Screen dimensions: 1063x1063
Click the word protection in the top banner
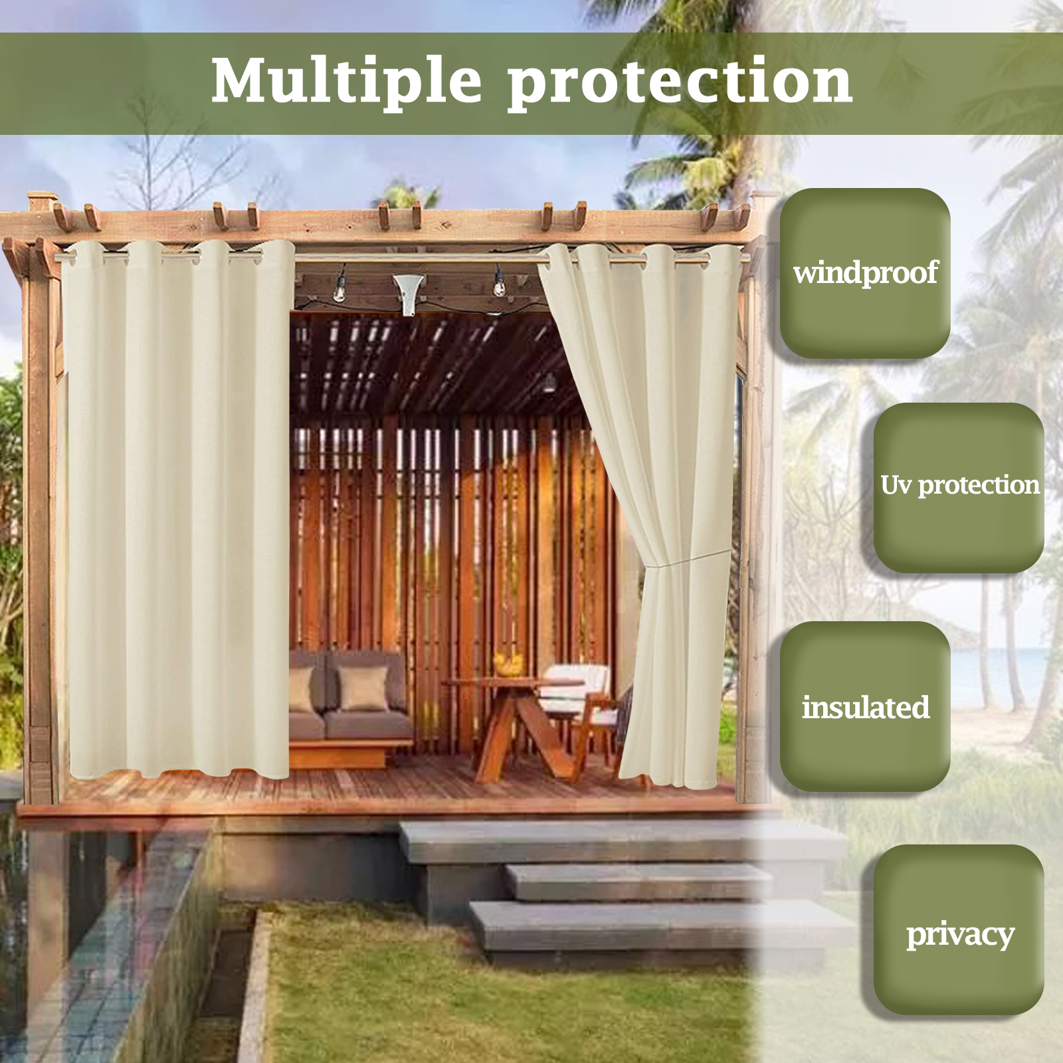point(680,83)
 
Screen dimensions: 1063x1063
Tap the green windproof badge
point(865,273)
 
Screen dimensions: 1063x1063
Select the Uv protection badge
point(959,487)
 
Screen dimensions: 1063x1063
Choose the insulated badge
point(865,706)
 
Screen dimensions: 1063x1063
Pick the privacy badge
point(959,929)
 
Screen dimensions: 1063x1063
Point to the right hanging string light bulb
point(498,284)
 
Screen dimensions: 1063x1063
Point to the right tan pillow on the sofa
point(363,688)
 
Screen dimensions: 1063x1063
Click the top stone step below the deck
point(621,841)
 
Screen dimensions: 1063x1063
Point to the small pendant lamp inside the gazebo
point(549,383)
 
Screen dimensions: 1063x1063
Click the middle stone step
point(638,881)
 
